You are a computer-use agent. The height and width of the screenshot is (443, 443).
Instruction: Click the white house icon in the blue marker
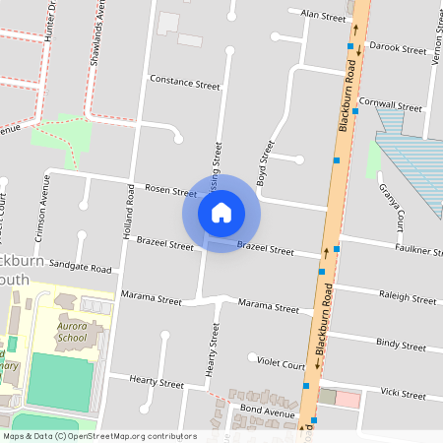(221, 212)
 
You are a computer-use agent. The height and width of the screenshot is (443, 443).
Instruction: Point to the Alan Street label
(324, 16)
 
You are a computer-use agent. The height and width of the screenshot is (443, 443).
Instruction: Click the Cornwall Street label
(391, 105)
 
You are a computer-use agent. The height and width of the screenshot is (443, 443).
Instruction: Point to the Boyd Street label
(263, 163)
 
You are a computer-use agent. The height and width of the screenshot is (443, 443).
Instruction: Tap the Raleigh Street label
(406, 298)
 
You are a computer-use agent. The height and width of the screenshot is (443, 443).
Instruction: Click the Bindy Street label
(401, 346)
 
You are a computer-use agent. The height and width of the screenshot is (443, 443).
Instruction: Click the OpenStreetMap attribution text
(99, 436)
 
